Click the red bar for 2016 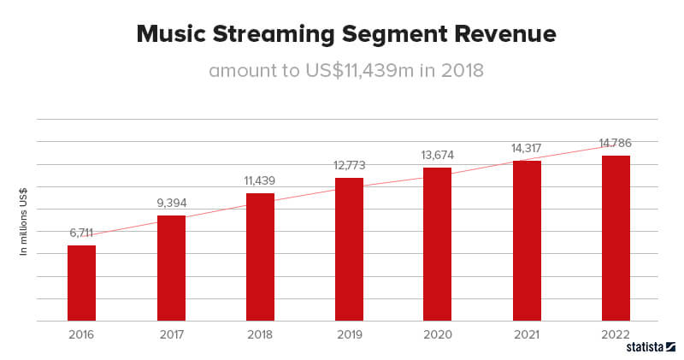click(81, 283)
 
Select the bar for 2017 click(171, 268)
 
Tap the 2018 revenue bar click(260, 257)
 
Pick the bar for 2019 click(349, 249)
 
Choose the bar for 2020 click(438, 244)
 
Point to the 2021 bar click(527, 240)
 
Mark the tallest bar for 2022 click(616, 238)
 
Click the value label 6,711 click(81, 233)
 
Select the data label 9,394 click(171, 203)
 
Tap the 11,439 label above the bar click(260, 180)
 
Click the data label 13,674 click(438, 155)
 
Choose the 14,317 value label click(527, 148)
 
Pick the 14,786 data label click(616, 143)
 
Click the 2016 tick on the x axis click(81, 334)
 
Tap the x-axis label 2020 click(438, 334)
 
